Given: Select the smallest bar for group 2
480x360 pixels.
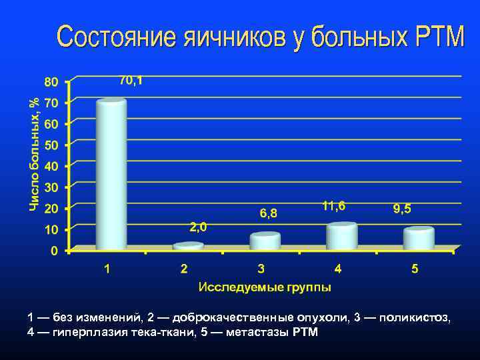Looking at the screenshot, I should (x=188, y=246).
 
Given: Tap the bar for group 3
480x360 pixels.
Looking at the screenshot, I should (x=265, y=241).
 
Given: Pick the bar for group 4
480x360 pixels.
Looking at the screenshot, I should (x=342, y=236).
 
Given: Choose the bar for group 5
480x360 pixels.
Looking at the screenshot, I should (x=419, y=238).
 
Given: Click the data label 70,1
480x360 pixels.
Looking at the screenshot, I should (x=131, y=81).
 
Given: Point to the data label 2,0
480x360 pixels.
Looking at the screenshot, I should (x=198, y=227).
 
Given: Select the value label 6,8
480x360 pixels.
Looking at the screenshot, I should (x=269, y=213).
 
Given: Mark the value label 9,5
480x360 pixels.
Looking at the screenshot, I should (x=402, y=209).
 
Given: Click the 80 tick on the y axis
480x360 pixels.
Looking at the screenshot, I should (x=51, y=81).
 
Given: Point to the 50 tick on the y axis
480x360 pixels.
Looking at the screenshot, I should (x=51, y=145).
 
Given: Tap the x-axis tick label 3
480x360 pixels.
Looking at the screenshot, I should (x=261, y=269).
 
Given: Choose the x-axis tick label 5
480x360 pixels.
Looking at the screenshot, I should (x=415, y=269).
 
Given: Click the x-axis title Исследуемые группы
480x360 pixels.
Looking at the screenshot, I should (x=264, y=288).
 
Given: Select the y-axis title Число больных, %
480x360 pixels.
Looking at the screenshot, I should (x=33, y=153).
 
